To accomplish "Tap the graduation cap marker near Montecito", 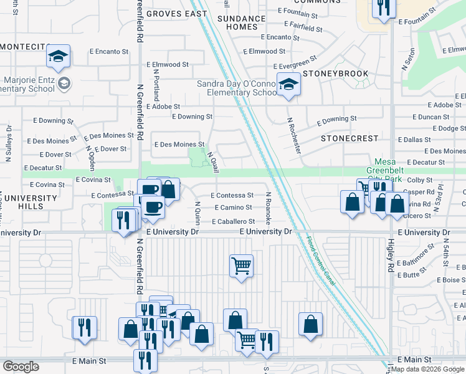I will coord(58,57).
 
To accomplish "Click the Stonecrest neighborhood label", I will coord(349,138).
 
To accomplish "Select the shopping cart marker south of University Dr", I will coord(241,266).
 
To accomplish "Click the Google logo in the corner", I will coord(21,367).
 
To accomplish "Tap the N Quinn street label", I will coord(197,212).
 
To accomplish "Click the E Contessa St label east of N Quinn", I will coord(235,195).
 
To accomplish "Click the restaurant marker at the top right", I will coord(383,8).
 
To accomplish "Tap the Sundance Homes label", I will coord(237,23).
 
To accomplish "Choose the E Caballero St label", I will coord(233,221).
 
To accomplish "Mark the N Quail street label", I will coord(212,162).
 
